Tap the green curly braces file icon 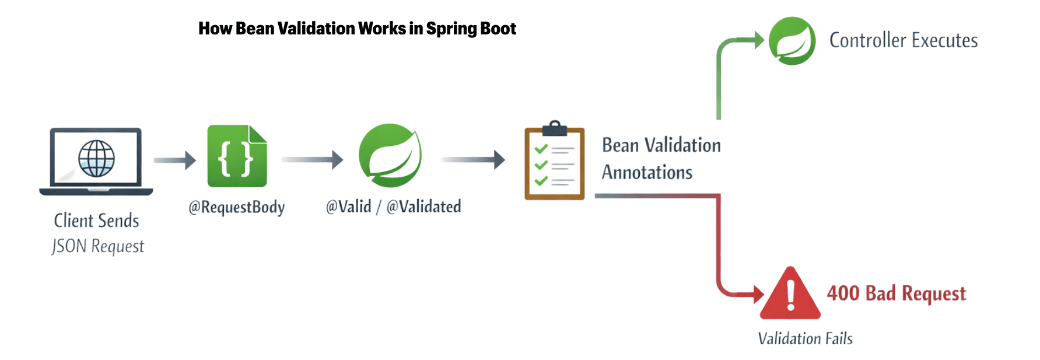(x=237, y=156)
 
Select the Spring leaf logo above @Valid (x=390, y=155)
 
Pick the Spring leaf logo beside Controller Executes (x=792, y=41)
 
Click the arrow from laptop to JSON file (x=175, y=160)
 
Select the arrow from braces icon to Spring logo (x=313, y=159)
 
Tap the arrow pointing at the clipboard (x=473, y=159)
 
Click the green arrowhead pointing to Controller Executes (x=759, y=40)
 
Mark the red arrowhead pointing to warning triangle (x=758, y=295)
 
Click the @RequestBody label (x=237, y=207)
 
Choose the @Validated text (x=424, y=207)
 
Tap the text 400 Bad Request (x=896, y=293)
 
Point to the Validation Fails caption (x=805, y=338)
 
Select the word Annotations (x=647, y=173)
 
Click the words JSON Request (x=98, y=246)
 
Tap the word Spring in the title (x=447, y=29)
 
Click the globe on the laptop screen (x=96, y=158)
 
